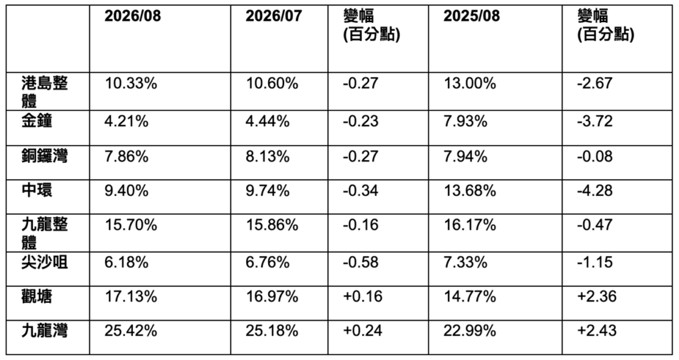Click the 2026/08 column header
pos(132,16)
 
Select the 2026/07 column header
pos(274,16)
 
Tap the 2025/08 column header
pos(471,16)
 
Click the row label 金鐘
pos(37,121)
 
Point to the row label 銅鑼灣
pos(45,156)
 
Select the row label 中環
pos(37,190)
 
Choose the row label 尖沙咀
pos(45,262)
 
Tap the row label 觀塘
pos(37,296)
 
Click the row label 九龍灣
pos(45,331)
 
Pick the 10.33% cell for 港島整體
pos(131,83)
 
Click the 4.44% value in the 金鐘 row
pos(267,121)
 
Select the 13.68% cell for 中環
pos(470,191)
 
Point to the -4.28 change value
pos(595,191)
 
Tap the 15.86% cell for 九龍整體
pos(272,225)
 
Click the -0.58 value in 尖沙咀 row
pos(360,262)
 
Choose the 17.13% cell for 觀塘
pos(131,297)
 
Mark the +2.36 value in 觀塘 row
pos(596,297)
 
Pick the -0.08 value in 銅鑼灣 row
pos(595,156)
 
